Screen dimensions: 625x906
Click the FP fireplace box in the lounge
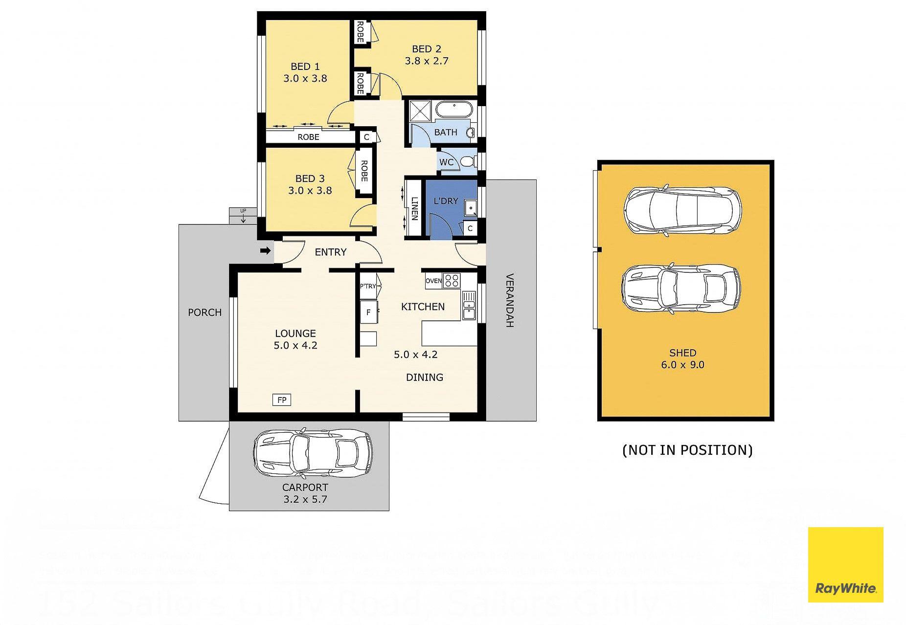282,400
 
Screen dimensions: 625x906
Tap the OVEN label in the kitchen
433,281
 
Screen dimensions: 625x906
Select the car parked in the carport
313,453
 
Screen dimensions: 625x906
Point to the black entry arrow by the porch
265,251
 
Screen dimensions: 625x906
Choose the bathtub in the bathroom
453,109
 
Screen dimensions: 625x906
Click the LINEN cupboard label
414,209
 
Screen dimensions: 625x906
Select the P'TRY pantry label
368,287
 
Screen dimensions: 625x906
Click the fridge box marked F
368,312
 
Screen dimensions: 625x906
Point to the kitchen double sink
469,305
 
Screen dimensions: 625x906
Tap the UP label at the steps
243,211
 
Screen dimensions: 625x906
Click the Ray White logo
845,564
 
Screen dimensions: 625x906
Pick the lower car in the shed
681,290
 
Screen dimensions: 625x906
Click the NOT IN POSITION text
687,450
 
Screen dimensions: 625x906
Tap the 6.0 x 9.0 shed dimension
682,365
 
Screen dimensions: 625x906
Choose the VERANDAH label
509,300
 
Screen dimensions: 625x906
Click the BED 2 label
427,49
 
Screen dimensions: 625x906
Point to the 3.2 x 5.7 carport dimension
305,499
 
